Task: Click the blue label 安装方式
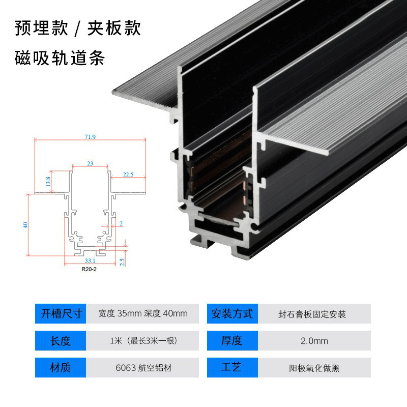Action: click(x=232, y=313)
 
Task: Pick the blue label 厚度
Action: click(x=232, y=340)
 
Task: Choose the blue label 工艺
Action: click(x=232, y=367)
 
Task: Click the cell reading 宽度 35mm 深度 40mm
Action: click(x=143, y=313)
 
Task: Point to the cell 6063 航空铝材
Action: click(x=143, y=367)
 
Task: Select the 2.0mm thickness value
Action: click(x=314, y=340)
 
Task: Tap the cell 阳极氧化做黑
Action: click(x=314, y=367)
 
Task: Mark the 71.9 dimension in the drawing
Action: click(x=90, y=136)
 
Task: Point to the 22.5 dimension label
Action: click(x=128, y=174)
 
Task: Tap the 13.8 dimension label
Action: click(x=48, y=181)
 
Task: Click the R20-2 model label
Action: click(x=89, y=270)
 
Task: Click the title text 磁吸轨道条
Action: click(x=60, y=59)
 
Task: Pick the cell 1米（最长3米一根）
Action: click(x=143, y=340)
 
